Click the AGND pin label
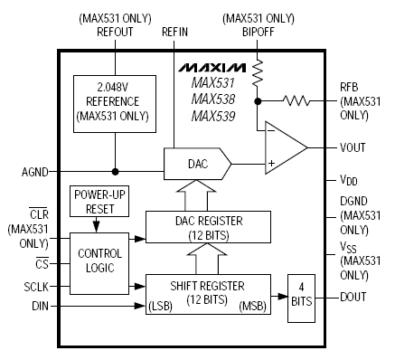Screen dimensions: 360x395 click(23, 171)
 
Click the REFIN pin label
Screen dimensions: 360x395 click(174, 31)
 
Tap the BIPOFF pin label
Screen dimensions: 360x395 click(257, 31)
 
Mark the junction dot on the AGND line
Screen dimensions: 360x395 click(114, 171)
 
